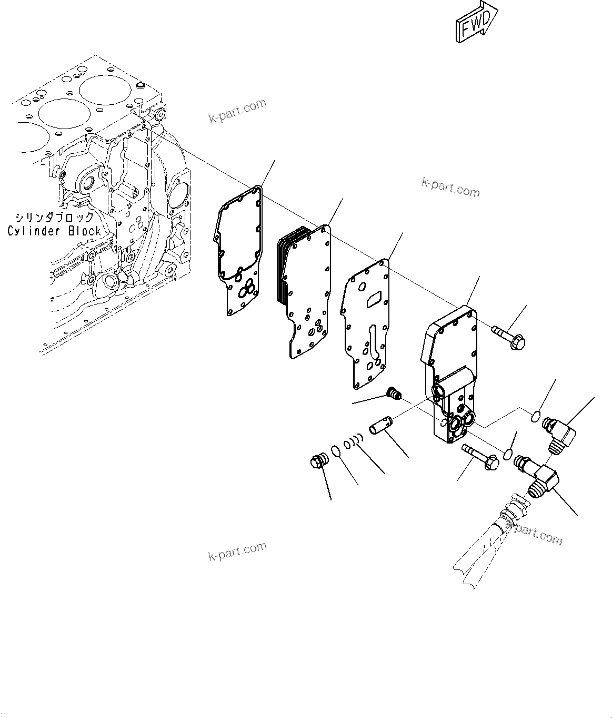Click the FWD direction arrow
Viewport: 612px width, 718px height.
475,22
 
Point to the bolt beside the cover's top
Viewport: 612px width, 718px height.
508,338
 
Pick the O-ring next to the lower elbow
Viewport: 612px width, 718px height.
508,454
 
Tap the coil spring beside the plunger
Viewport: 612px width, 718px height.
354,441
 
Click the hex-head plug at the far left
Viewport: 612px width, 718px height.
317,462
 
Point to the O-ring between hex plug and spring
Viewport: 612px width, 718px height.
335,451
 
